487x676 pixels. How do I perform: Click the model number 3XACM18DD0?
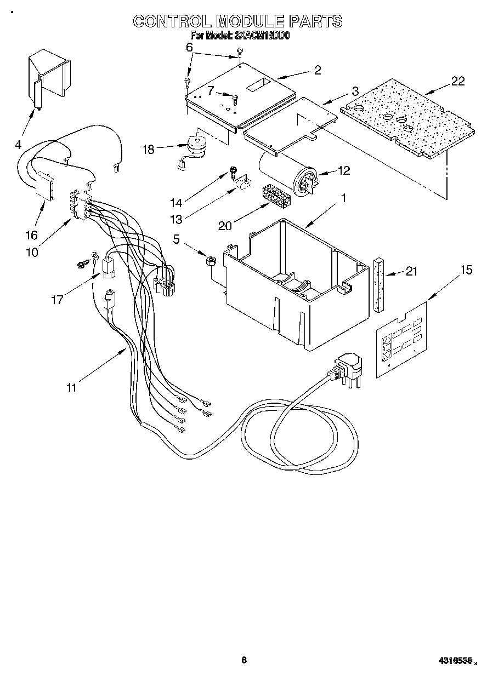tap(262, 36)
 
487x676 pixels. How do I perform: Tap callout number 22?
tap(458, 81)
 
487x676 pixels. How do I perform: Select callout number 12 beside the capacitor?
tap(344, 171)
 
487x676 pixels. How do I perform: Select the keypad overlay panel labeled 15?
tap(402, 340)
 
